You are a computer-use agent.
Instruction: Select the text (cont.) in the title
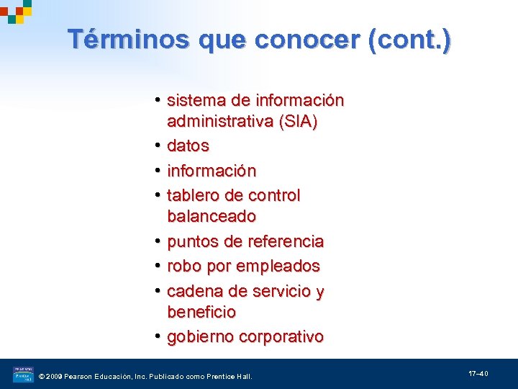409,40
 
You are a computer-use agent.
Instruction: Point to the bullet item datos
188,146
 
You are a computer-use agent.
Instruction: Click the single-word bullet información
212,171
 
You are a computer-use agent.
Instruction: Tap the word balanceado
212,216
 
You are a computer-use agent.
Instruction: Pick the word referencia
286,241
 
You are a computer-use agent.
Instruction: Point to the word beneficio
201,312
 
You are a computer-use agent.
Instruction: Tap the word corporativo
281,336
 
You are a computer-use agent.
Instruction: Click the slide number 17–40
478,374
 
